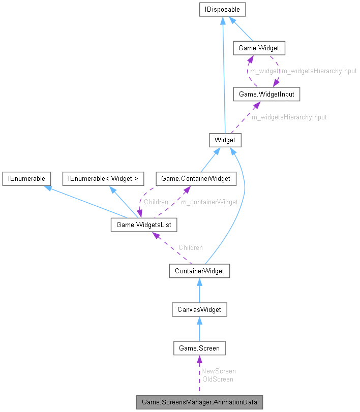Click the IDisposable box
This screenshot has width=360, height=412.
223,9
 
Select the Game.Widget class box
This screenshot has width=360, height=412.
258,48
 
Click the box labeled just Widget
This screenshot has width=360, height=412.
224,140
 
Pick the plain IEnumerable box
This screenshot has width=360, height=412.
26,178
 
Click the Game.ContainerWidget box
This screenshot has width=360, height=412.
196,178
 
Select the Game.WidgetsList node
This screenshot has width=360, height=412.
144,224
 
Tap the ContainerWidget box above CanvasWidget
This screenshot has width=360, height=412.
199,271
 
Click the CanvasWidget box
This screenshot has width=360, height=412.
199,309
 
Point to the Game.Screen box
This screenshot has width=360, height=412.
199,348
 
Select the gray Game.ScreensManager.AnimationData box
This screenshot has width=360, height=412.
199,402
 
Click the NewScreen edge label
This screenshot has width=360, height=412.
218,371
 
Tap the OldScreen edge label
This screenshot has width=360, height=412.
217,379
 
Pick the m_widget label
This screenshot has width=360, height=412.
264,71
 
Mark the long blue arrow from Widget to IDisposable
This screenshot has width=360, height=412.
223,76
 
